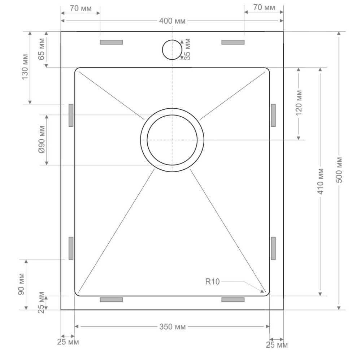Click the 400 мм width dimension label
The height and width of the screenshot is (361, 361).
172,21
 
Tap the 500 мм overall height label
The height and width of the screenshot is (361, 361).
339,170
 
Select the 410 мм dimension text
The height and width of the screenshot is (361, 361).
321,182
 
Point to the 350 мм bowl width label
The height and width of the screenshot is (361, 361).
173,327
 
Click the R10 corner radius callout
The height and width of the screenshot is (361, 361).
213,282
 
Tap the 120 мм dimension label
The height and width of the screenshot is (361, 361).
299,103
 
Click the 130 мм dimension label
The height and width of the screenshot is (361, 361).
25,67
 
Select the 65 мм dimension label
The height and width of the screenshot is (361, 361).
42,49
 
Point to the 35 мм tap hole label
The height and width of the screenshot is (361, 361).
187,49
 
